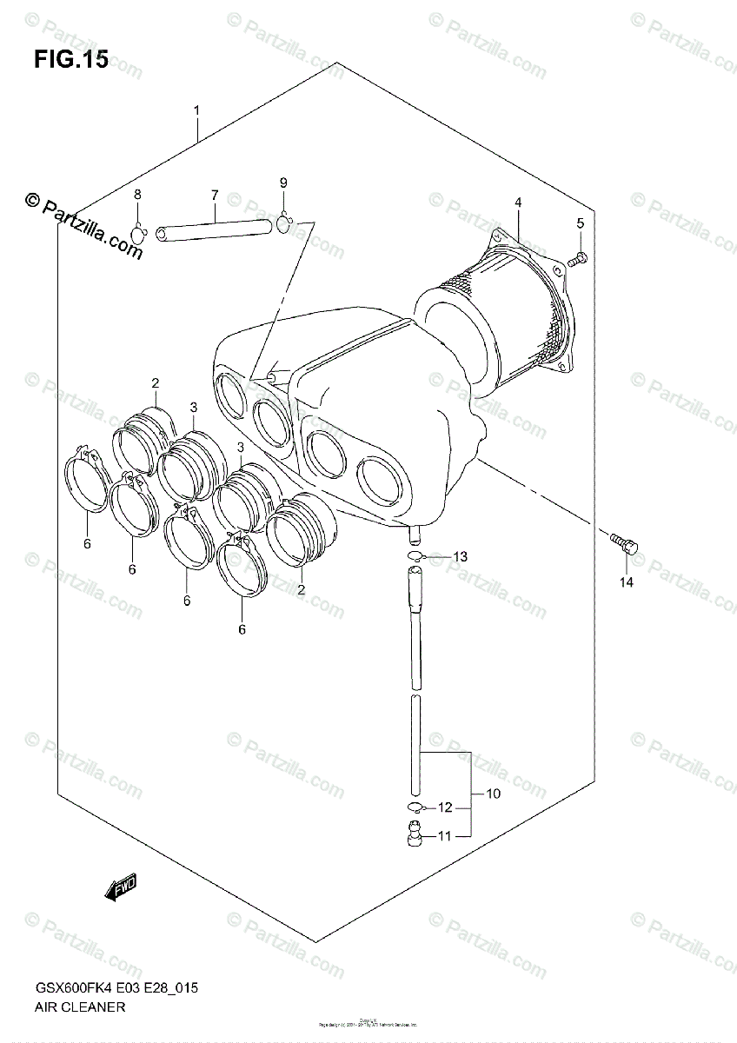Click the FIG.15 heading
pyautogui.click(x=71, y=60)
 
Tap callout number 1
pyautogui.click(x=197, y=110)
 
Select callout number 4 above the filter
pyautogui.click(x=517, y=203)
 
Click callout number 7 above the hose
pyautogui.click(x=214, y=196)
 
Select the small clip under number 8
pyautogui.click(x=139, y=233)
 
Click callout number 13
pyautogui.click(x=460, y=556)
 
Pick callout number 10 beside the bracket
pyautogui.click(x=492, y=795)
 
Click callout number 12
pyautogui.click(x=445, y=807)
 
